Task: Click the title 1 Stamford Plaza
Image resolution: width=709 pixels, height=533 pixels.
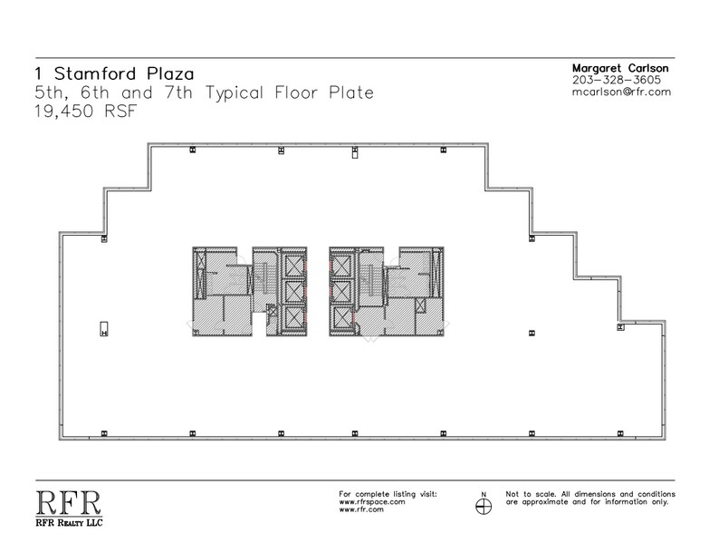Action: tap(113, 73)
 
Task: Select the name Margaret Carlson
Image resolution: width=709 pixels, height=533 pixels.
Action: tap(621, 68)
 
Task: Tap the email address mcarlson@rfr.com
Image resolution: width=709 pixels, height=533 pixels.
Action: tap(621, 92)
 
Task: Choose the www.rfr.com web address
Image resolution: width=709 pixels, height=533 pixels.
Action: tap(363, 509)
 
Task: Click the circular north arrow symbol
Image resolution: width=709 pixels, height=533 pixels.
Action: tap(484, 505)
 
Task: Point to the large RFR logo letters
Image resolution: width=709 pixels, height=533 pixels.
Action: tap(68, 504)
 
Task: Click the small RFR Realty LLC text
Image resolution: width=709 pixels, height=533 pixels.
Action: tap(68, 523)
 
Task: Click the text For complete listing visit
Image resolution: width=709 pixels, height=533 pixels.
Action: tap(388, 494)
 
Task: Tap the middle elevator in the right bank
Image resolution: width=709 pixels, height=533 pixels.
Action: tap(340, 291)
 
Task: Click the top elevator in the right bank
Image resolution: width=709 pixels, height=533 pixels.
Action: tap(340, 265)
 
